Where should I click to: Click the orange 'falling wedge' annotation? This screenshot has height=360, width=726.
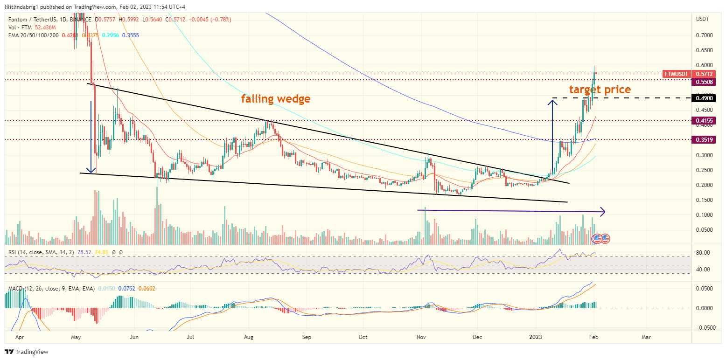[275, 98]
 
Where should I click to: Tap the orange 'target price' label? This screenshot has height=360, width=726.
[600, 90]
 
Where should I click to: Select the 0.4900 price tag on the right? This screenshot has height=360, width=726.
[705, 98]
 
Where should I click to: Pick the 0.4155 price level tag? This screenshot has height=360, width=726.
[705, 120]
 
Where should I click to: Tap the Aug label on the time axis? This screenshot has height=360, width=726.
[248, 336]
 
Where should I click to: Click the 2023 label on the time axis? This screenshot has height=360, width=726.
[536, 336]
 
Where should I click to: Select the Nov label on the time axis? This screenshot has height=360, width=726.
[421, 336]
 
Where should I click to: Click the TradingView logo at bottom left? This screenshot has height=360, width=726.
[27, 352]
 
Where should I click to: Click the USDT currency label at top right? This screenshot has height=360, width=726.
[702, 19]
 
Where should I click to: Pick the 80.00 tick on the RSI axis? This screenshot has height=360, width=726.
[703, 253]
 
